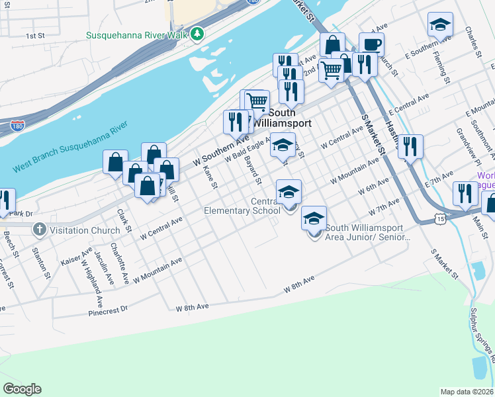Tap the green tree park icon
[197, 34]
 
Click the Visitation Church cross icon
[39, 230]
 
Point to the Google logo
[22, 389]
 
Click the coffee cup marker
[371, 45]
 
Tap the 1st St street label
[34, 35]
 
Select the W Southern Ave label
[221, 151]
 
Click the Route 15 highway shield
[442, 216]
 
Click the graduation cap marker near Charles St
[440, 25]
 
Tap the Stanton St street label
[43, 260]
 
